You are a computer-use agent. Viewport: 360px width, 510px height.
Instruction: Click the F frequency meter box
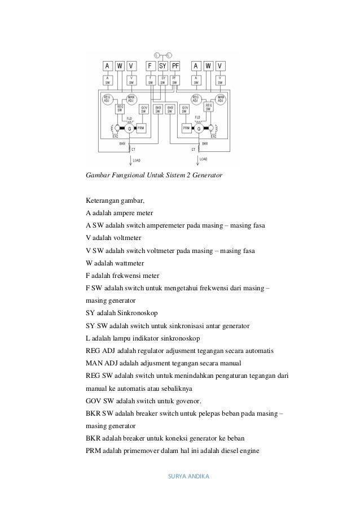[151, 66]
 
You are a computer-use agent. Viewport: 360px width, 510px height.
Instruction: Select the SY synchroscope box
[163, 66]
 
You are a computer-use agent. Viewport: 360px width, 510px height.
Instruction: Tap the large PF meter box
[175, 66]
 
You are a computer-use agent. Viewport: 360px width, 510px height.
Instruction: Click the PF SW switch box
[175, 80]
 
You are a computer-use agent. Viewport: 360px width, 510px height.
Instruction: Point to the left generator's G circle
[129, 128]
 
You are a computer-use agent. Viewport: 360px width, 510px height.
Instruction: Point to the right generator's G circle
[199, 128]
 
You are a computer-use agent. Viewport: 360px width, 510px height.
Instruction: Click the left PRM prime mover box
[141, 128]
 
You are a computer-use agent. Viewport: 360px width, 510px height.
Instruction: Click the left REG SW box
[120, 108]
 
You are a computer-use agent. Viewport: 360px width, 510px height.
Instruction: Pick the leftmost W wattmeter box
[120, 66]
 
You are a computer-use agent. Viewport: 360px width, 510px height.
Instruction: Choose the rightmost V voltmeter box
[219, 66]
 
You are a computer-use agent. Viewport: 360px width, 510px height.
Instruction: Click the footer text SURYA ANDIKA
[189, 476]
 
